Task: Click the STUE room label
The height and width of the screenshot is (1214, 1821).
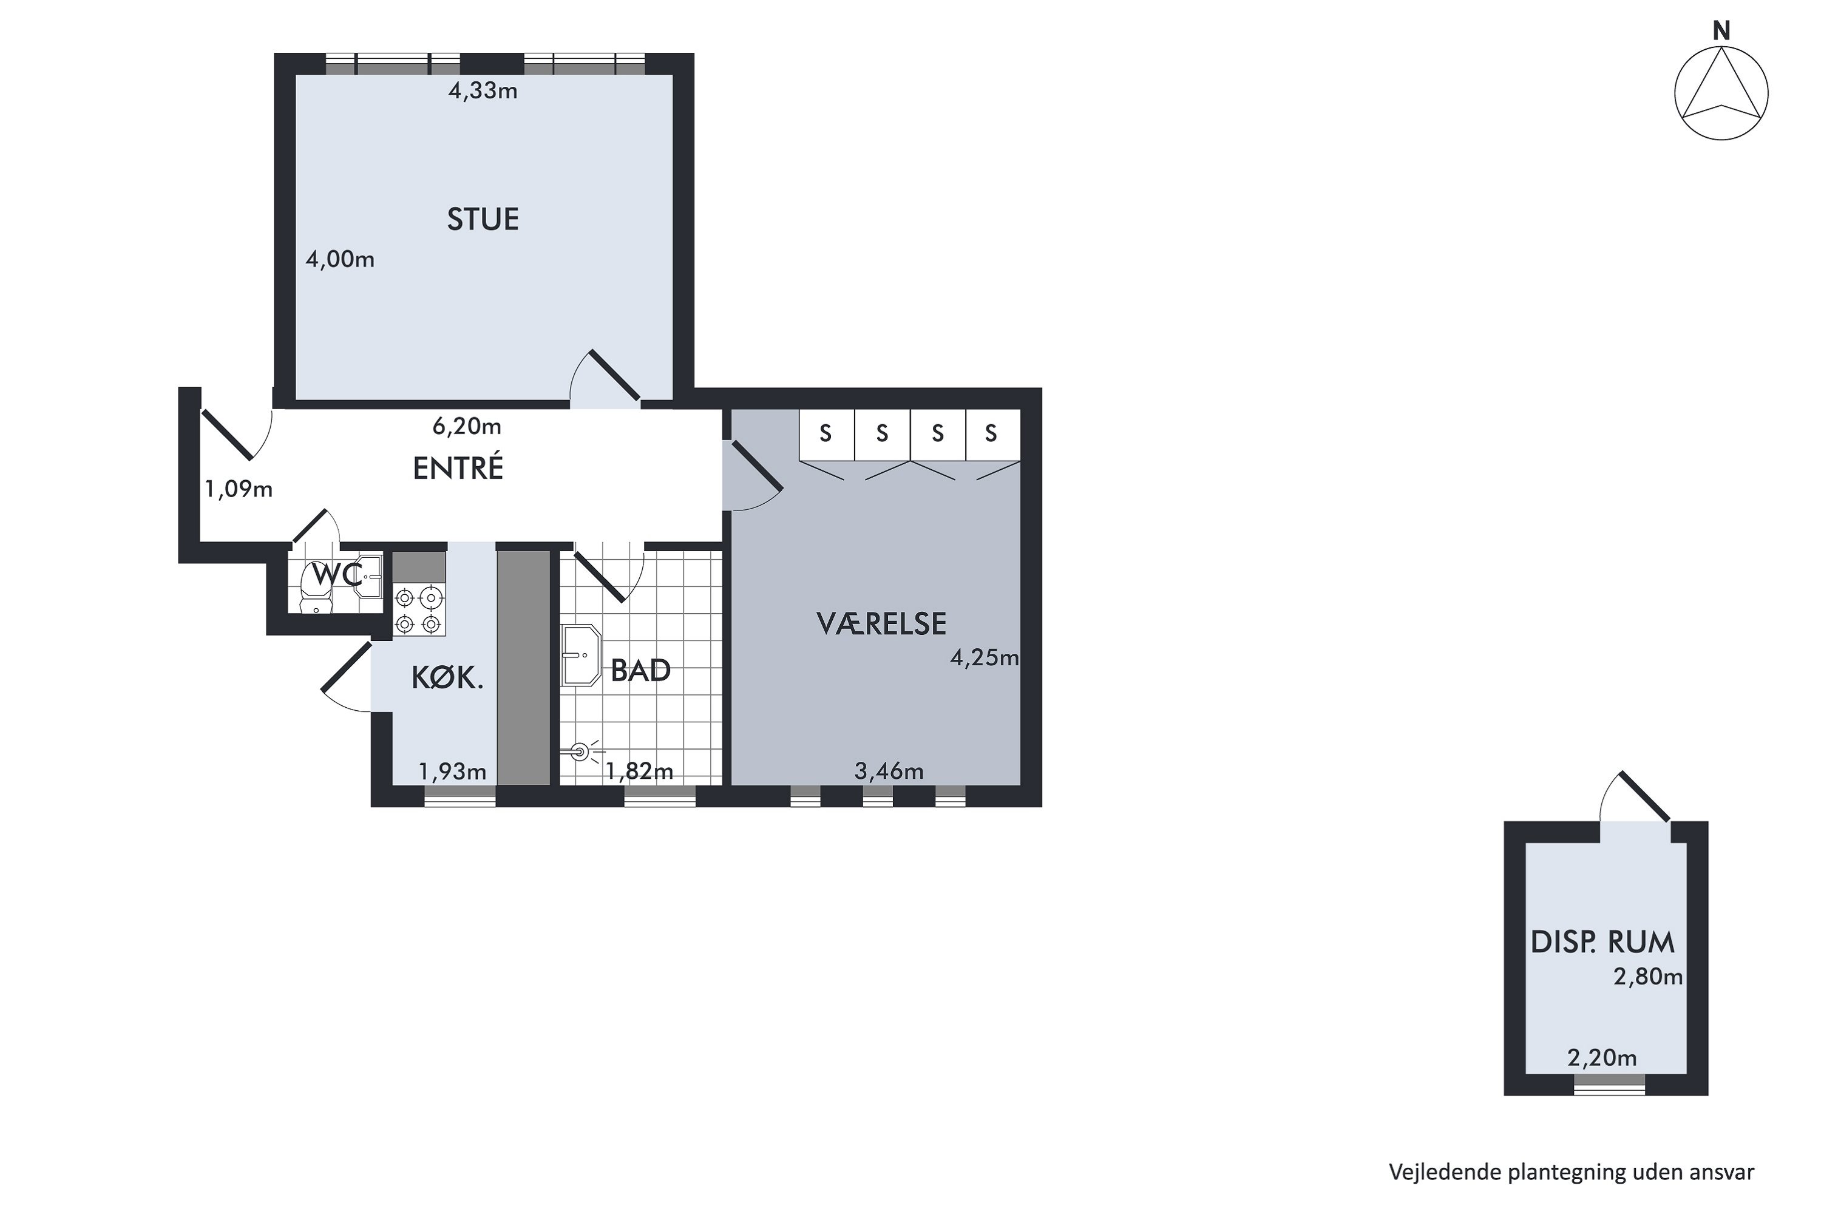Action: point(483,220)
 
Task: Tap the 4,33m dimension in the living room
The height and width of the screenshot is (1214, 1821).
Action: point(483,92)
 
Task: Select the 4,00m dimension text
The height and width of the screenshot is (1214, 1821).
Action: point(340,259)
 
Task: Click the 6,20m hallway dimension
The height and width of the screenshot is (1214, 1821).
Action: point(467,427)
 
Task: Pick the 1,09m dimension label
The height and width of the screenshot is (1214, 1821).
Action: point(239,489)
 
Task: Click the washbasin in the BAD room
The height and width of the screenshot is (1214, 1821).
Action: point(581,655)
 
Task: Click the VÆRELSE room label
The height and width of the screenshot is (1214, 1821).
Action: point(881,624)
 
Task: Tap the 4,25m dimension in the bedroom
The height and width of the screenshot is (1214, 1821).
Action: point(985,658)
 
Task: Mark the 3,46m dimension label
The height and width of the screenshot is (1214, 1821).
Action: point(889,771)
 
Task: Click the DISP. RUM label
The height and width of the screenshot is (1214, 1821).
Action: point(1602,942)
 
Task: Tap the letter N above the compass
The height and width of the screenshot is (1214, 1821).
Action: point(1721,31)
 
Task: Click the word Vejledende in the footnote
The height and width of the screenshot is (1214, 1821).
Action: point(1445,1172)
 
